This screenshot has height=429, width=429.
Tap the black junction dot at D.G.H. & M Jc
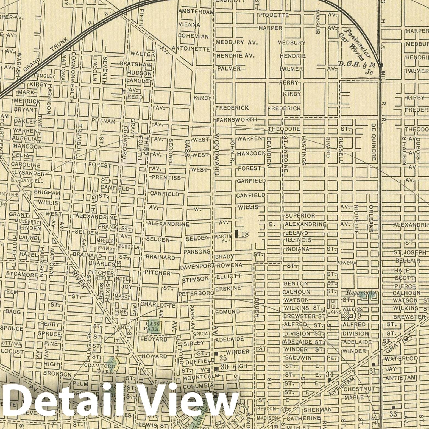pos(381,65)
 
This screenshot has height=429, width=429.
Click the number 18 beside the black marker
pos(245,234)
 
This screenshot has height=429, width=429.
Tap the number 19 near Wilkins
pos(357,316)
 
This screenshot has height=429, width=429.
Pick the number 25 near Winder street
pos(223,358)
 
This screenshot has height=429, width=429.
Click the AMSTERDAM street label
pos(196,12)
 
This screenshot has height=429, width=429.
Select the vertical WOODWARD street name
pos(218,155)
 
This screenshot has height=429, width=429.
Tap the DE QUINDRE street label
pos(373,146)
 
